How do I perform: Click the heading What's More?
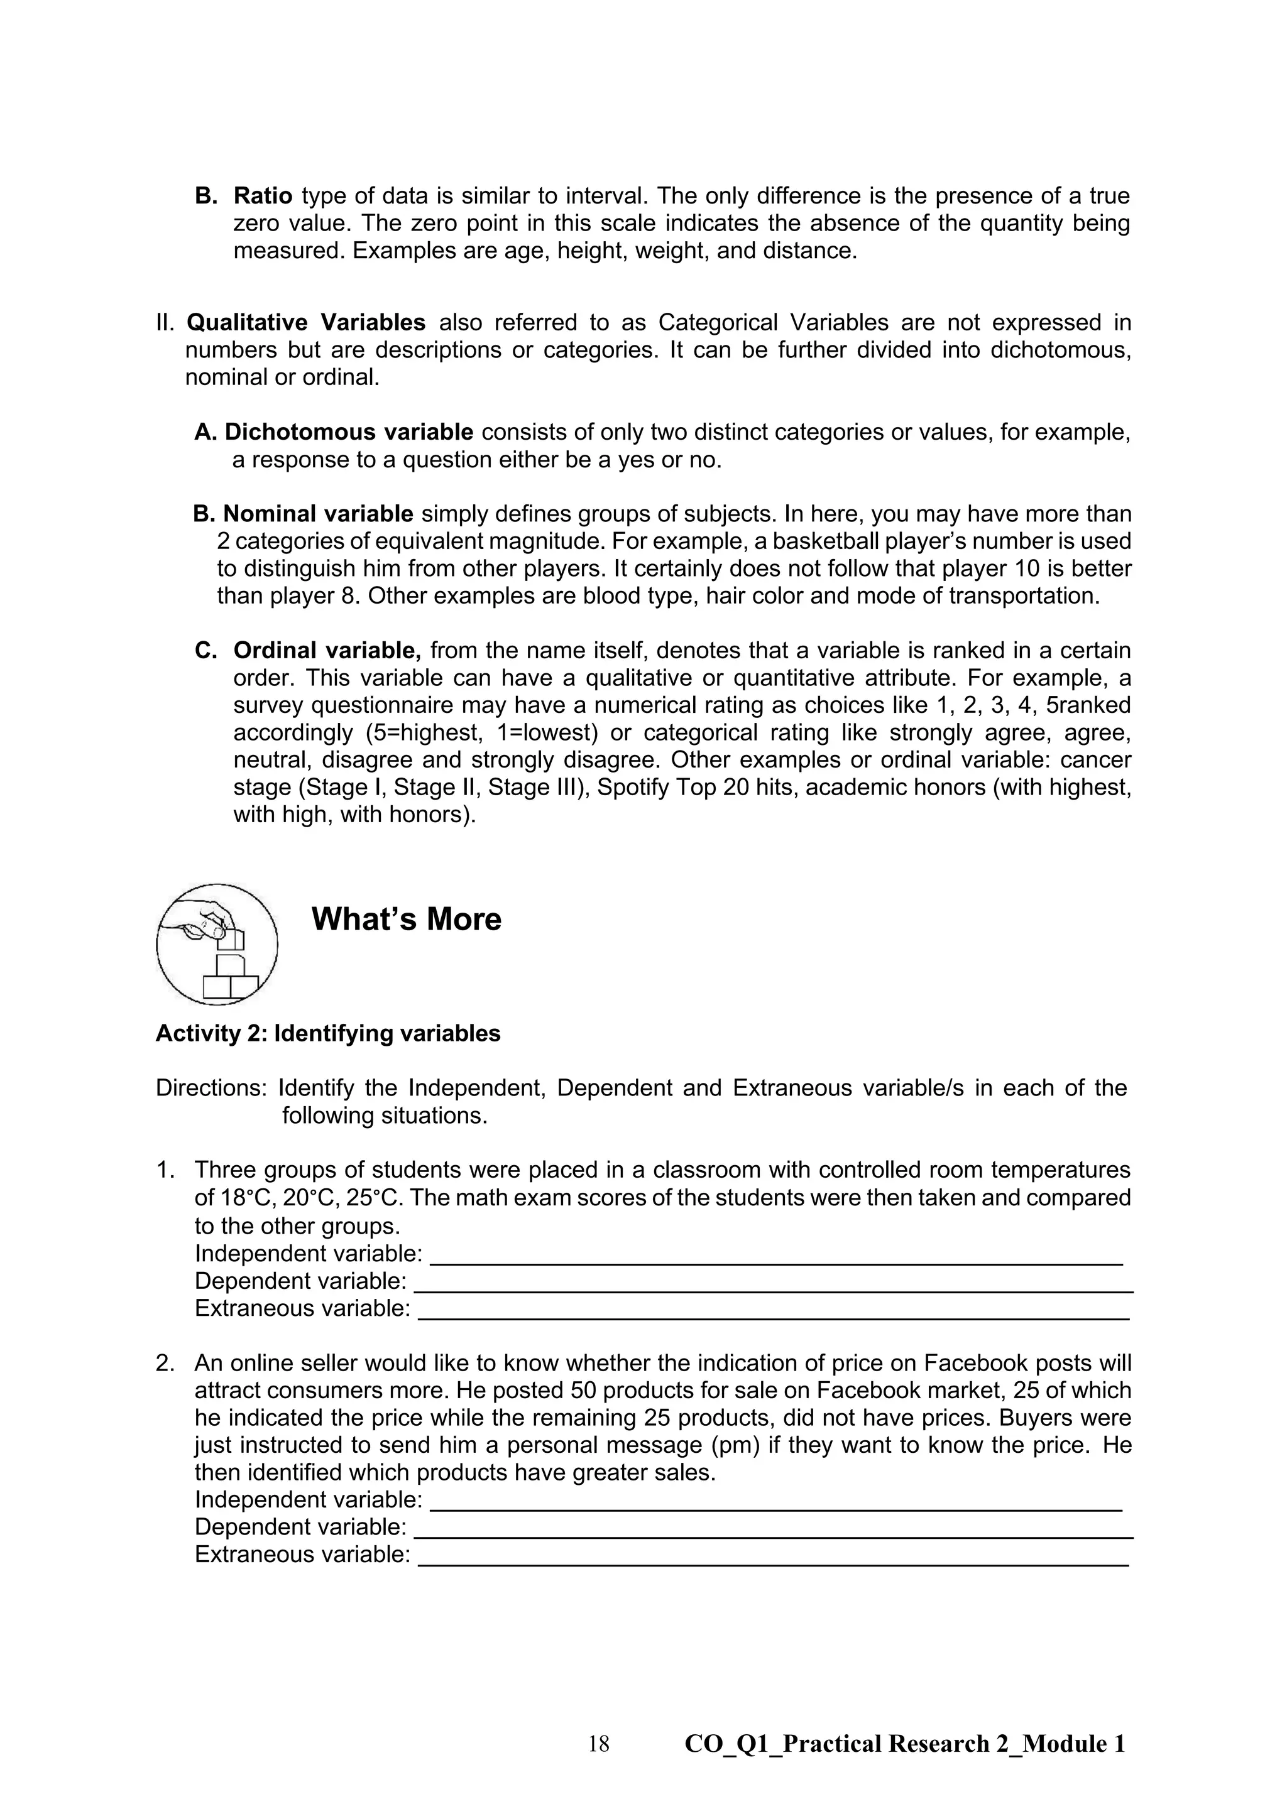(x=406, y=919)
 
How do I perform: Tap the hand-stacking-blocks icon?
(x=216, y=944)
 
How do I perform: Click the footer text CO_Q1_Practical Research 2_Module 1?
(x=904, y=1744)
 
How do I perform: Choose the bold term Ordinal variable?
(x=327, y=651)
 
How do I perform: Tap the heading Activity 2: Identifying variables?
(x=327, y=1033)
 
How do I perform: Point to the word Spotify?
(x=632, y=788)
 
